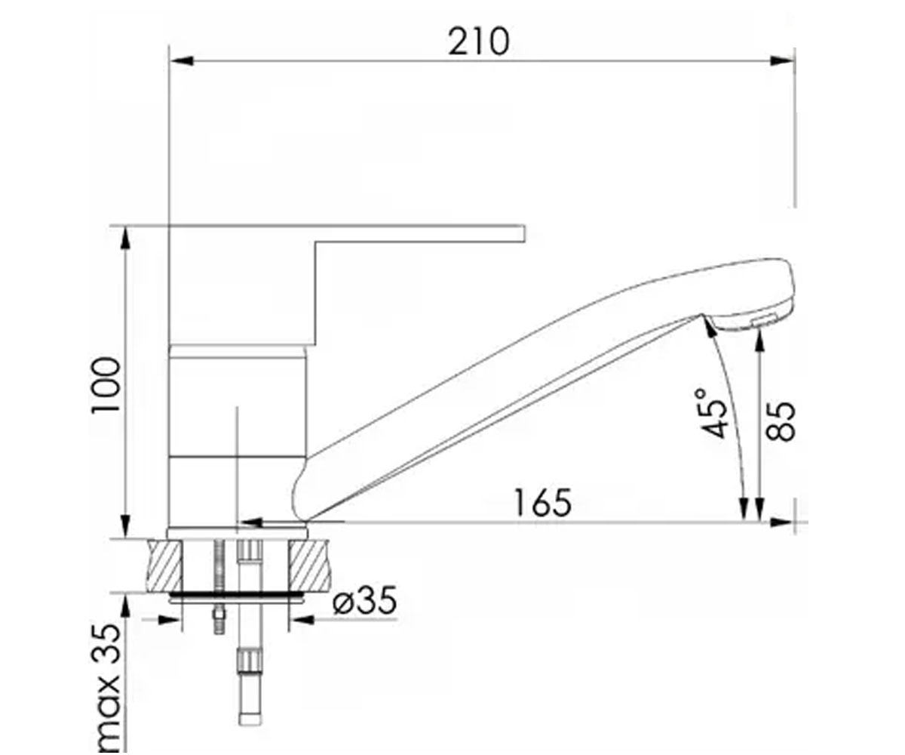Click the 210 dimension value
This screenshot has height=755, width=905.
tap(479, 42)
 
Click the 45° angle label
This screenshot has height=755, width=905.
tap(712, 413)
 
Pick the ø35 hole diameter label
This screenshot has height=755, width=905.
tap(364, 600)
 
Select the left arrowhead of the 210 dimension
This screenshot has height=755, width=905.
tap(182, 60)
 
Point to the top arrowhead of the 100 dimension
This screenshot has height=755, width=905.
tap(125, 238)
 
